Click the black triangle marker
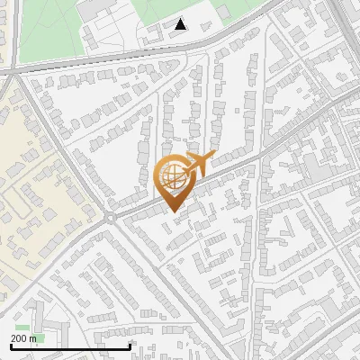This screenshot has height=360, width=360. coord(181,24)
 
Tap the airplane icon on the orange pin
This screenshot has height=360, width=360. coord(196,163)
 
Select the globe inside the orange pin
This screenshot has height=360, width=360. coord(171,176)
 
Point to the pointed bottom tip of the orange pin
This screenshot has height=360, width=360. coord(171,210)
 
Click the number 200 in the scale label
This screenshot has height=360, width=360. coord(20,338)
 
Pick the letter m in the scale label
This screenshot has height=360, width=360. coord(34,338)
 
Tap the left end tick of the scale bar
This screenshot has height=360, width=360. coord(11,345)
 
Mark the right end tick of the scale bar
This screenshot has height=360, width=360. coord(130,345)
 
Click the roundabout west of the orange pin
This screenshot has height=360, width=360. coord(110,218)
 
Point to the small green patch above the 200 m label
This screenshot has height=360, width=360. coord(22,327)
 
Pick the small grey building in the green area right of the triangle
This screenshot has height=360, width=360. coord(221,12)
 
